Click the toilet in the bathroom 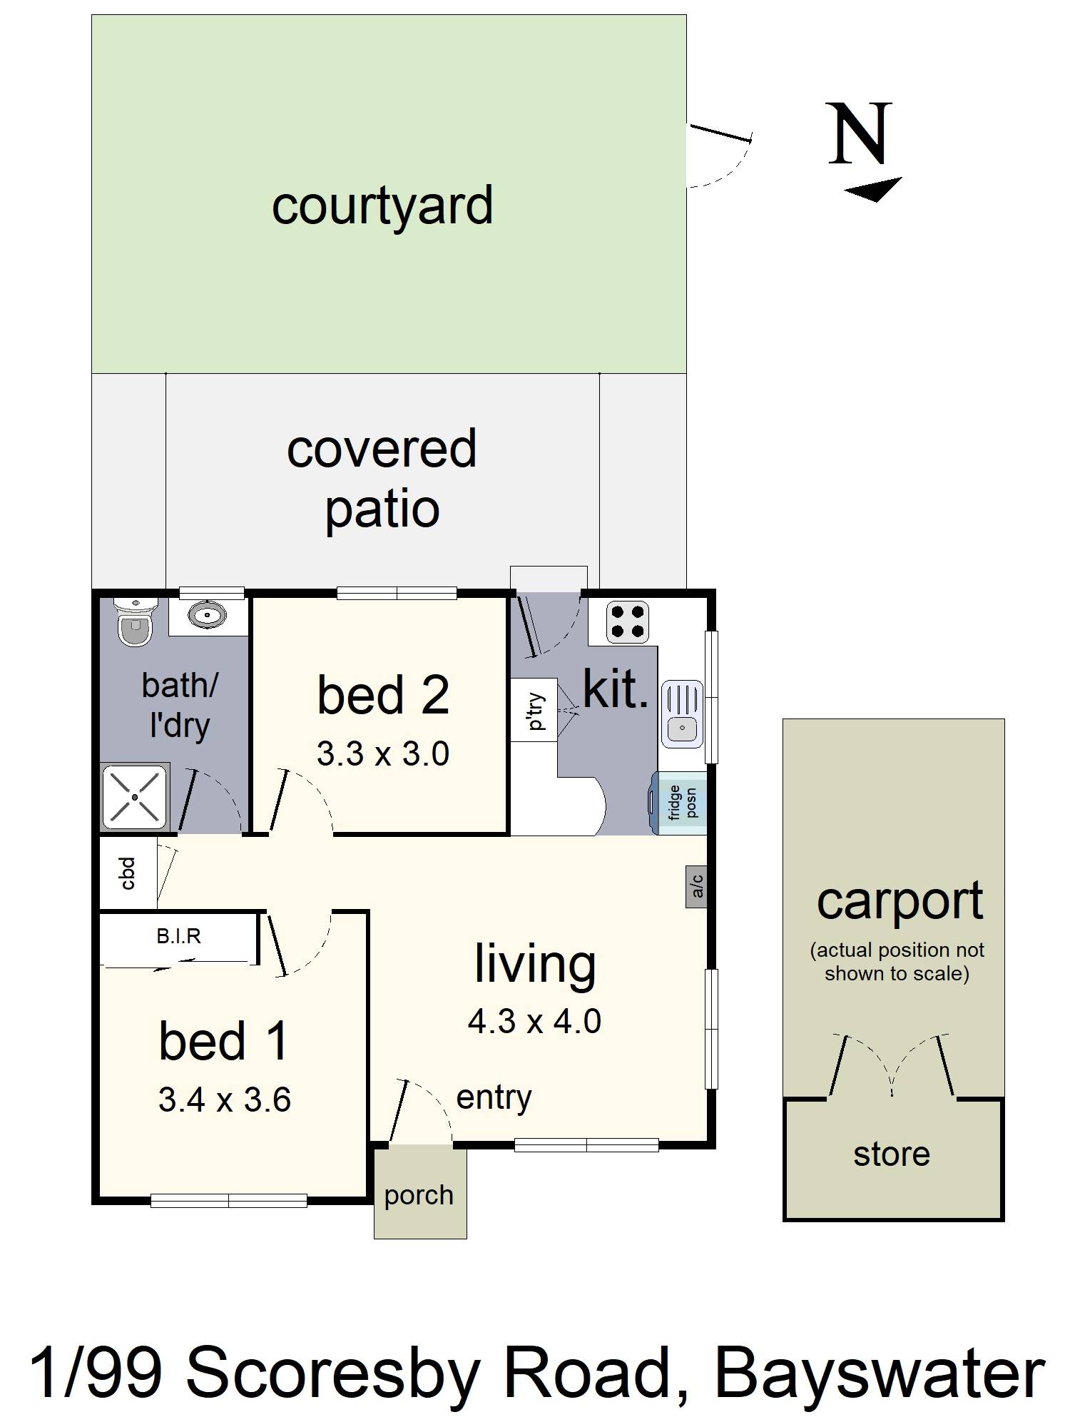click(134, 621)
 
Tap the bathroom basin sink click(208, 614)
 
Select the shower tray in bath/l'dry click(135, 796)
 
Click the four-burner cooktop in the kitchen click(627, 621)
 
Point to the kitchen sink click(683, 714)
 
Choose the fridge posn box click(680, 803)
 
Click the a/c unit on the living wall click(696, 886)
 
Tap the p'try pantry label click(536, 711)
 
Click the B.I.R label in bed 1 click(178, 936)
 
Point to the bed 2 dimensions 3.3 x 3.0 click(383, 754)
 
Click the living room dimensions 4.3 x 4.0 click(534, 1021)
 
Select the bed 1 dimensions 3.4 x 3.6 click(225, 1100)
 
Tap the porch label click(419, 1196)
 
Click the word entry click(494, 1098)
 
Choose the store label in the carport click(892, 1154)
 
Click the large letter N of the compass click(860, 133)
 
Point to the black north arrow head click(873, 189)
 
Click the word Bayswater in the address click(880, 1373)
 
